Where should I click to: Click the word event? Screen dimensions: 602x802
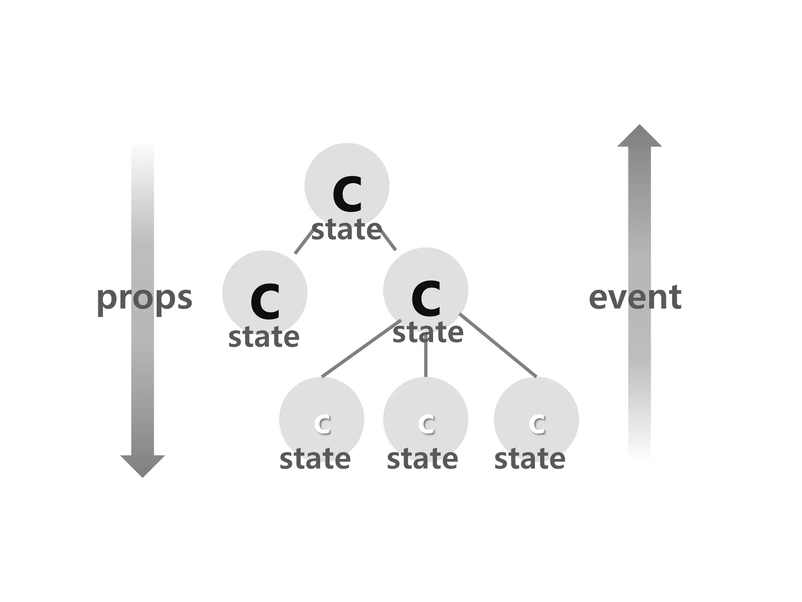coord(635,298)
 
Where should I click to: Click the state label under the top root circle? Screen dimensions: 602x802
coord(347,230)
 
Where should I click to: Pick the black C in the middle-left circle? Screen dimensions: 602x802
coord(265,301)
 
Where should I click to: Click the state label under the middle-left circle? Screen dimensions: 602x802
coord(264,337)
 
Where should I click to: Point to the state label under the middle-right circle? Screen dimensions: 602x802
coord(428,333)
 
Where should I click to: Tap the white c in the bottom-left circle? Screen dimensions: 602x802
coord(322,423)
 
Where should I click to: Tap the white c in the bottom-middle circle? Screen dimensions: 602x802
coord(426,423)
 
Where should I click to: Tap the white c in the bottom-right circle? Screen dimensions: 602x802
coord(537,423)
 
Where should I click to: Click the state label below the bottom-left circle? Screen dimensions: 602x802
coord(315,459)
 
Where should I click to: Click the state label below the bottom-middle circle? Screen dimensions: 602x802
coord(422,459)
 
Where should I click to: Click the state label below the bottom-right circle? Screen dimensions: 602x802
coord(529,459)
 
